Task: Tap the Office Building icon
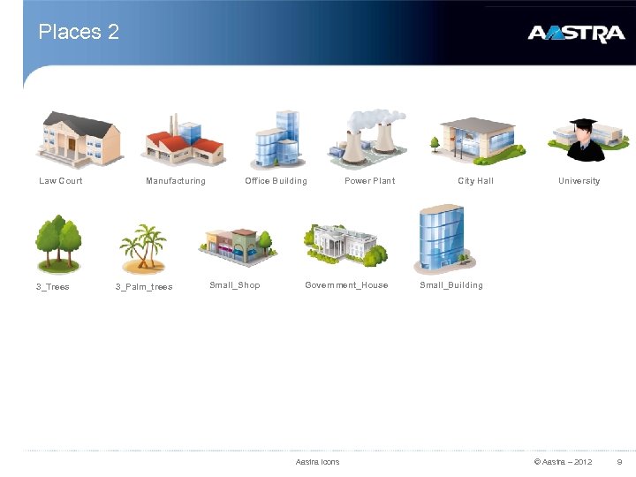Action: [276, 139]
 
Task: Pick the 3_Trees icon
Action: [58, 244]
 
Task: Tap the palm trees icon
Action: [143, 247]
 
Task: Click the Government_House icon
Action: [345, 243]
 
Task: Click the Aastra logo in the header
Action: [575, 34]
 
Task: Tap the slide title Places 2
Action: [79, 33]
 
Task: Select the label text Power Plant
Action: [369, 181]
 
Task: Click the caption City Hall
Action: [475, 181]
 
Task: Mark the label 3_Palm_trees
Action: [144, 287]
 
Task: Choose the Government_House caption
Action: [346, 285]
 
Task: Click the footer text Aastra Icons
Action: [317, 462]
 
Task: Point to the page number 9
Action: [619, 462]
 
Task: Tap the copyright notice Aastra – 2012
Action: [563, 462]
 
